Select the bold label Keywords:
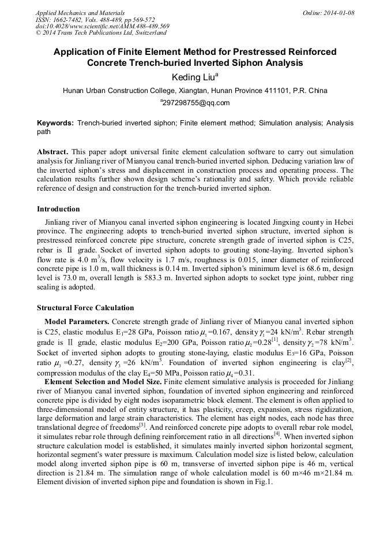[x=55, y=124]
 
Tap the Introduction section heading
[x=58, y=209]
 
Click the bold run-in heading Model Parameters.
[x=77, y=321]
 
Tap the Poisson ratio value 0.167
[x=217, y=332]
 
